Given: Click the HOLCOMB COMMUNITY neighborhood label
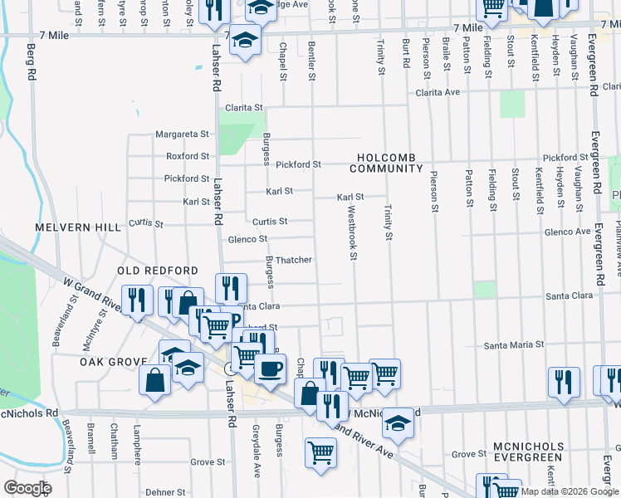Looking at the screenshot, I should point(386,163).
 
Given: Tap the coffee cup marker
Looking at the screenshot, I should point(270,368).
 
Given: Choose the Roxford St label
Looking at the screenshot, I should point(187,156).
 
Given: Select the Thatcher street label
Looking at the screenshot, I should point(293,260).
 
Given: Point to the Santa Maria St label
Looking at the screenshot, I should point(514,344).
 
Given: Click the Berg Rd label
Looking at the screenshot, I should point(32,61).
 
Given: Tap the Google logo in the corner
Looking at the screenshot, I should point(27,488).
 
